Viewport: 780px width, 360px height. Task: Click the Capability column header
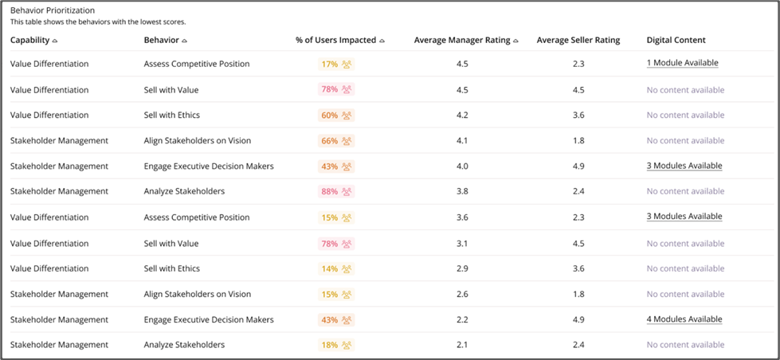pos(29,41)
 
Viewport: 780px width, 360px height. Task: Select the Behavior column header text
pos(161,41)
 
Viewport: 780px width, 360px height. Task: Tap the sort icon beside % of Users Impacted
pos(382,41)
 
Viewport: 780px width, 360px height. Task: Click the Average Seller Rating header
pos(578,41)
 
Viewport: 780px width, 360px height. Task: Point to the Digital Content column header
pos(676,41)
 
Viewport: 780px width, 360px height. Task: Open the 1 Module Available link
pos(683,63)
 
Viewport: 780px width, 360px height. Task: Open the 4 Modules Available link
pos(684,319)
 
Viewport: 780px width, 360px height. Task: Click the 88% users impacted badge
pos(336,191)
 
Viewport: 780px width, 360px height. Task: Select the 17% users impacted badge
pos(336,65)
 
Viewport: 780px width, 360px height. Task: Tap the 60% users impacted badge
pos(336,115)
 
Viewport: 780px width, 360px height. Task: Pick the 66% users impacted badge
pos(336,141)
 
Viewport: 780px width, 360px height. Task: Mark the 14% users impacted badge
pos(336,269)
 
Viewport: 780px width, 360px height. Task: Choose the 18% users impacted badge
pos(336,345)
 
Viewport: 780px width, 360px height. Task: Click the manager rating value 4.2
pos(462,115)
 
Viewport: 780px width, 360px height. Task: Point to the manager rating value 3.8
pos(462,191)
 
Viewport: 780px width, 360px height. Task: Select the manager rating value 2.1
pos(462,345)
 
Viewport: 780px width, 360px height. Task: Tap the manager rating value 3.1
pos(462,244)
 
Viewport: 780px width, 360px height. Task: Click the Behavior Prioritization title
pos(53,10)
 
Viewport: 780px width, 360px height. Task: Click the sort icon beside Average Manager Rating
pos(515,41)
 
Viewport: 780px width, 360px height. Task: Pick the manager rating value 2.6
pos(462,295)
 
